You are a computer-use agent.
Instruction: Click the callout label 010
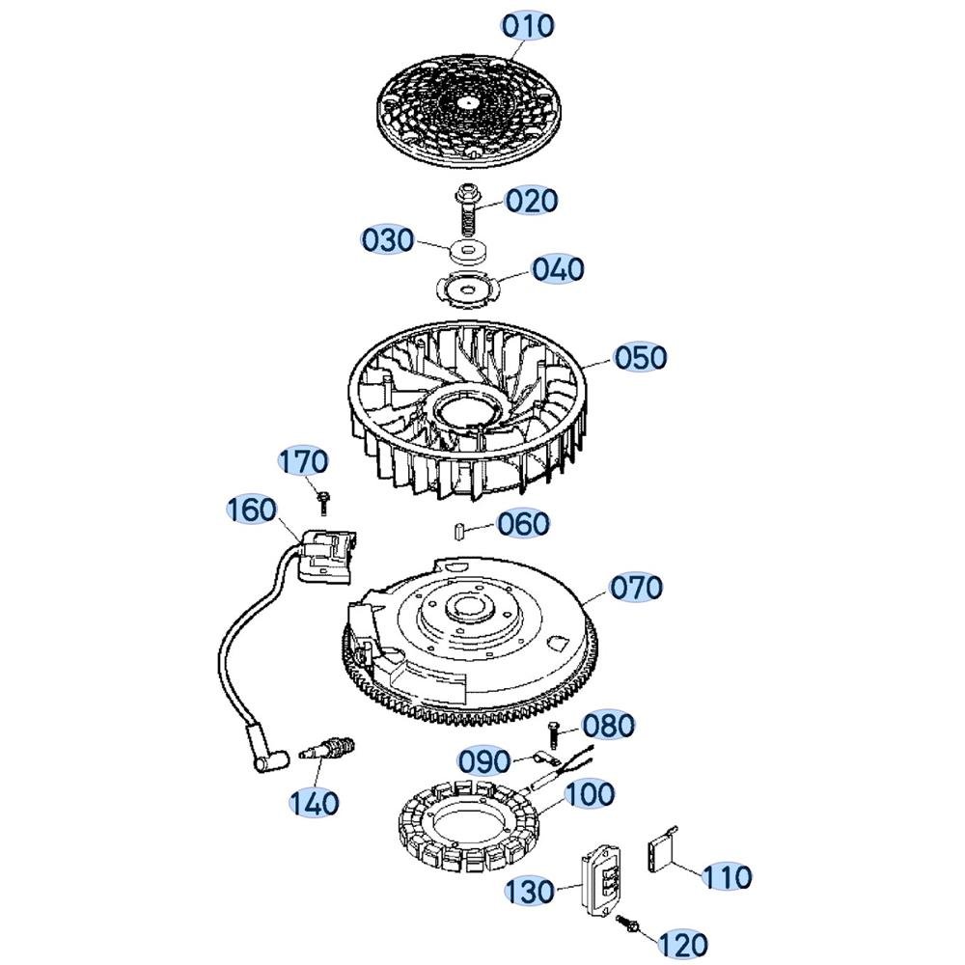[x=528, y=26]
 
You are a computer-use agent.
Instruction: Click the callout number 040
[x=558, y=269]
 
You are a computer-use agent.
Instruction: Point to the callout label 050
[x=640, y=358]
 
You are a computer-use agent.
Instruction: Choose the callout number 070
[x=636, y=587]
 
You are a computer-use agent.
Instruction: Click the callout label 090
[x=484, y=761]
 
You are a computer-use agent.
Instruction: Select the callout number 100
[x=589, y=794]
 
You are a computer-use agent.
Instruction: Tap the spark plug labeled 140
[x=327, y=750]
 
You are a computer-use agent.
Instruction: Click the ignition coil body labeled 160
[x=326, y=555]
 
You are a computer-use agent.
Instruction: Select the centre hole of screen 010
[x=468, y=102]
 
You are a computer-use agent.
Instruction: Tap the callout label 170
[x=303, y=461]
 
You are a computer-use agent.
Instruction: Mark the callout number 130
[x=530, y=891]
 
